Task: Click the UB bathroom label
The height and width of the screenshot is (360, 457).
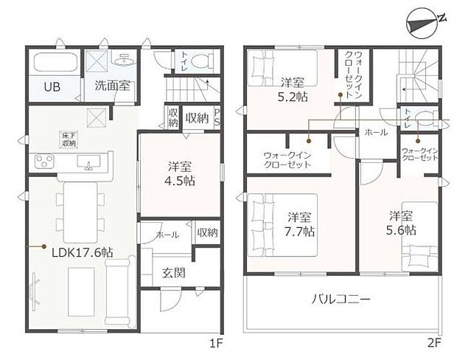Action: (x=51, y=86)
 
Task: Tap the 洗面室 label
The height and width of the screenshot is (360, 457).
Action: (x=112, y=86)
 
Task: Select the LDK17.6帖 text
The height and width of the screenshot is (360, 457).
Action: (x=82, y=251)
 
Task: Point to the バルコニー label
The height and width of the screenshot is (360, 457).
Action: (x=341, y=300)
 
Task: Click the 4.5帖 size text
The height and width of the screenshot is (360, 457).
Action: (x=180, y=179)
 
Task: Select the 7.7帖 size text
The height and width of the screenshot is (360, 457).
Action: (x=301, y=231)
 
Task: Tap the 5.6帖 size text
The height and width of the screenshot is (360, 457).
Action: (x=402, y=230)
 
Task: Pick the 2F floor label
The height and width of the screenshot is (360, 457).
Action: (x=433, y=343)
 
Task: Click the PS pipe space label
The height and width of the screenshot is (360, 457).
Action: (x=217, y=117)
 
